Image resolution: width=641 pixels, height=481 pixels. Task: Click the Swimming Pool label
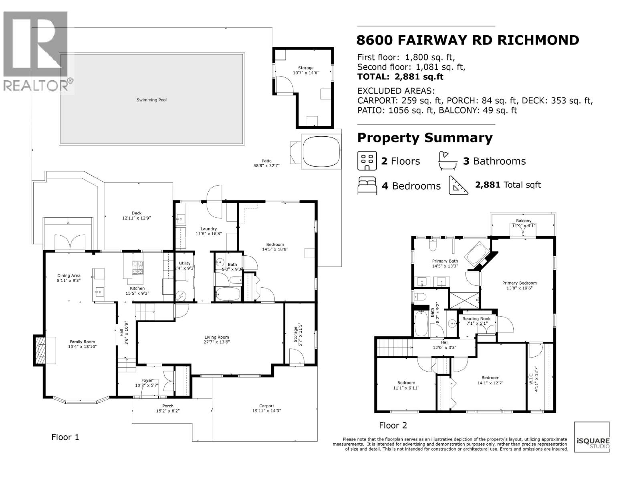[151, 100]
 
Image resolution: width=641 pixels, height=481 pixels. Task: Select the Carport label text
[266, 406]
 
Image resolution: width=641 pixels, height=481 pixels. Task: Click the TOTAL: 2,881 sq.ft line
[400, 77]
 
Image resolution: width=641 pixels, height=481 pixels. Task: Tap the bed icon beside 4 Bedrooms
[367, 186]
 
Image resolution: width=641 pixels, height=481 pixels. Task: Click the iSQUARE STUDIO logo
[592, 437]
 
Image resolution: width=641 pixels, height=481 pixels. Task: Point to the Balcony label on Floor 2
[524, 220]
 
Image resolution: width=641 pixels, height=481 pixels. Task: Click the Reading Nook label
[476, 319]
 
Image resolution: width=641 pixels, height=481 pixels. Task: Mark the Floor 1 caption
[65, 437]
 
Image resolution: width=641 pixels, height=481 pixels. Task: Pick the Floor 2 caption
[393, 425]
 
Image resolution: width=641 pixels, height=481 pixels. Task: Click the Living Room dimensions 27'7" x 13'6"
[217, 342]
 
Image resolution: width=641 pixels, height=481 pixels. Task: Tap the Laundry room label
[209, 228]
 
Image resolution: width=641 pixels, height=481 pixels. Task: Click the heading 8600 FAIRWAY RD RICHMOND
[468, 40]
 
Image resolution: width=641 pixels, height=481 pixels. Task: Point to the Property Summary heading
[425, 138]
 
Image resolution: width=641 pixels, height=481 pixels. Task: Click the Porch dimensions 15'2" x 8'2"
[167, 411]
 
